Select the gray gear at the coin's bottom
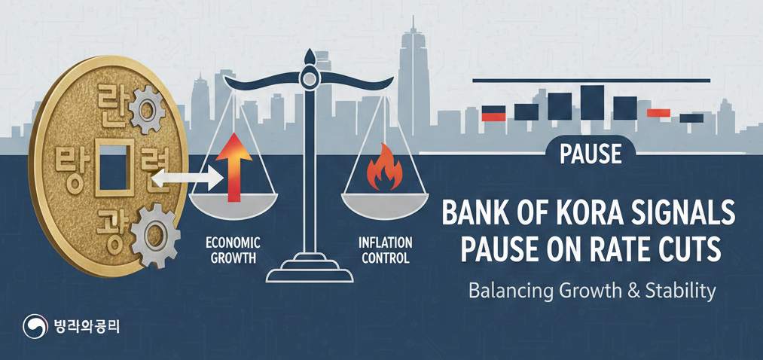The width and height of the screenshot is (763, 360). (155, 234)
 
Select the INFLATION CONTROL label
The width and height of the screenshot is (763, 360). (385, 251)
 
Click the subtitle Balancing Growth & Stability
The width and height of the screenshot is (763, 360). (591, 291)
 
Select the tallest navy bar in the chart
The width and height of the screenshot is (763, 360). (592, 102)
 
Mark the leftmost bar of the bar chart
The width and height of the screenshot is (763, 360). (493, 114)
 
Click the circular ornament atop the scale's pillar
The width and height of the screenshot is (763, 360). (309, 77)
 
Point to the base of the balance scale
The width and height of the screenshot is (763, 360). (310, 272)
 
